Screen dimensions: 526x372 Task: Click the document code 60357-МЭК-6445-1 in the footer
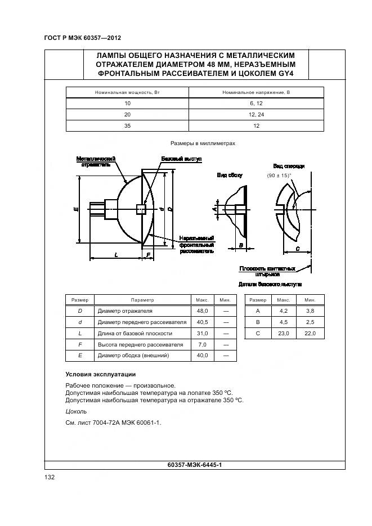click(195, 465)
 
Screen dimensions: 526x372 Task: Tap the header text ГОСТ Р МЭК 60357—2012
click(83, 38)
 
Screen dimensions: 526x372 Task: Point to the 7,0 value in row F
click(203, 344)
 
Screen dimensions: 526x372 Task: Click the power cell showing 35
click(127, 126)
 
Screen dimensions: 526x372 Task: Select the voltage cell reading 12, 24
click(256, 115)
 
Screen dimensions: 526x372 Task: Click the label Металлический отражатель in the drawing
click(96, 162)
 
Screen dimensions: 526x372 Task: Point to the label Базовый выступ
click(181, 159)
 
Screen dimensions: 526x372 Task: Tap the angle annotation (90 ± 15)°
click(279, 176)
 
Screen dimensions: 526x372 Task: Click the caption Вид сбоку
click(230, 176)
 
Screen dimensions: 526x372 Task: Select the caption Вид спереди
click(289, 167)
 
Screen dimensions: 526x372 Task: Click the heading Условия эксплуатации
click(101, 374)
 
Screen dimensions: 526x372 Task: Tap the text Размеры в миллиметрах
click(202, 143)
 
